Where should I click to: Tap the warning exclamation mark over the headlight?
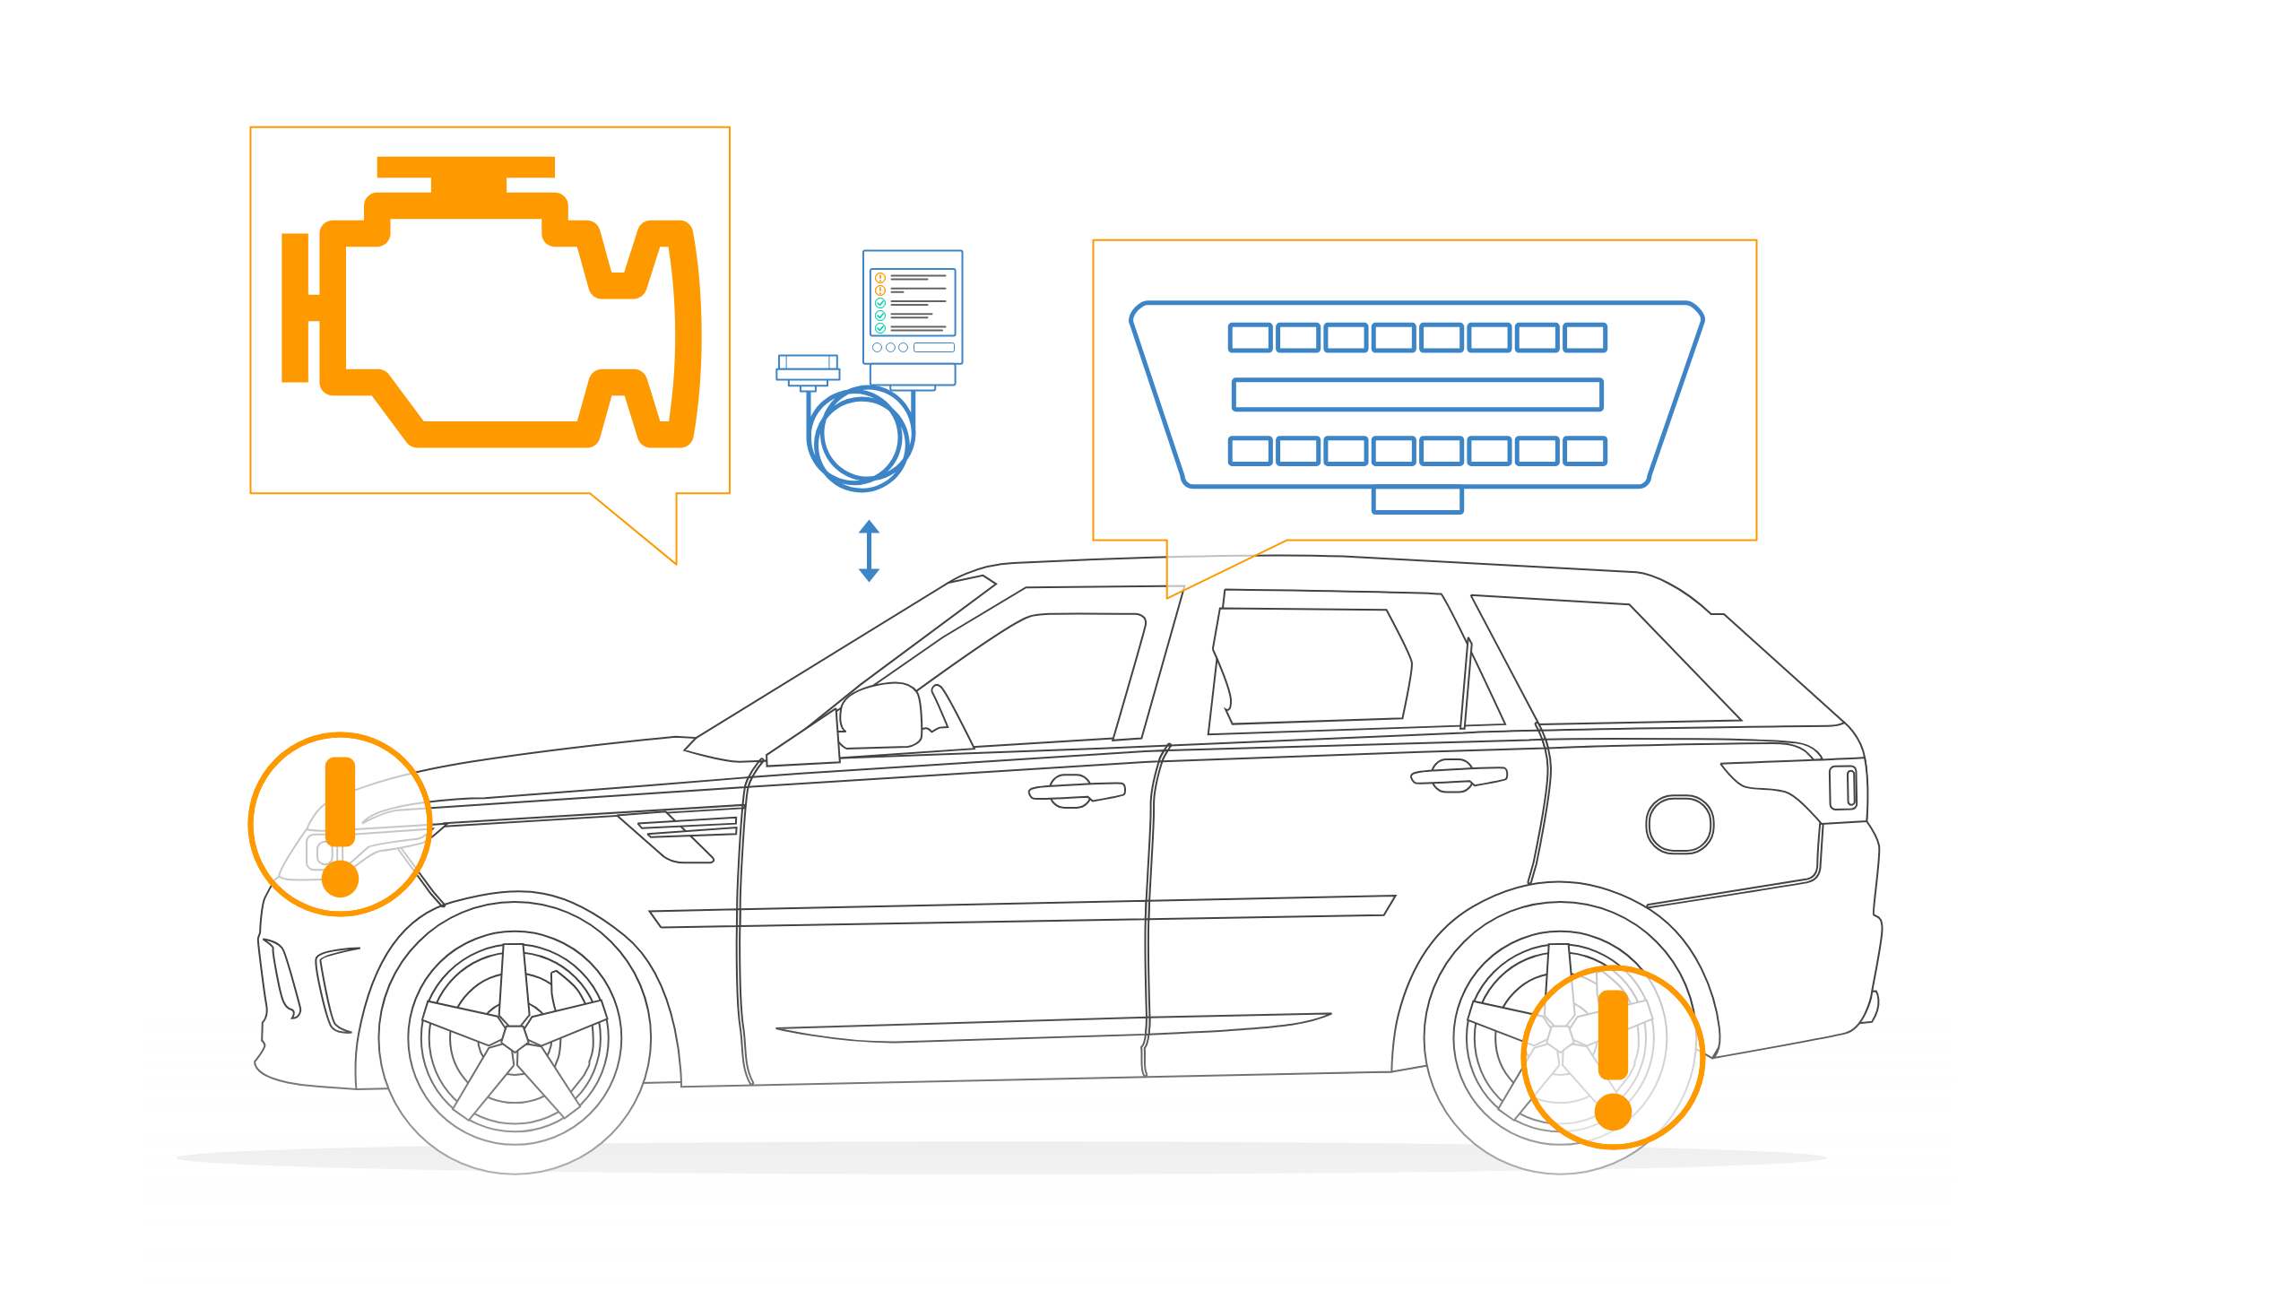340,825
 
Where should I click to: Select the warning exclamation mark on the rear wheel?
1613,1058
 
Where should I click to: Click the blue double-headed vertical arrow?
869,550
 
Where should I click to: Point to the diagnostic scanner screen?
913,302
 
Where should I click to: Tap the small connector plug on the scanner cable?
808,370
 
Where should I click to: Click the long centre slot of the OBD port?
1417,394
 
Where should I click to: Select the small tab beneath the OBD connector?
1417,499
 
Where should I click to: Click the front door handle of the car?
1076,791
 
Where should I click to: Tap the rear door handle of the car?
1459,775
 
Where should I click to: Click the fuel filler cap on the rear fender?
1679,824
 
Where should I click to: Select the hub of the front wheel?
515,1037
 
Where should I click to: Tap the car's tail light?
1845,788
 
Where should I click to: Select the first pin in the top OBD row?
1250,338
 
